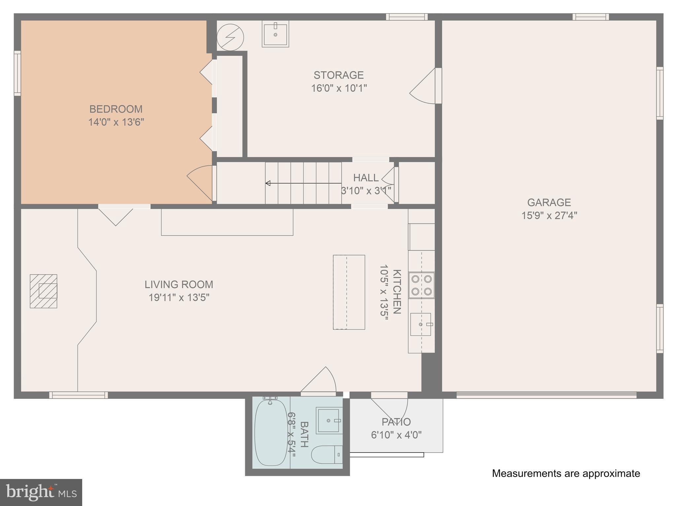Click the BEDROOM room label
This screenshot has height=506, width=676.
pos(116,109)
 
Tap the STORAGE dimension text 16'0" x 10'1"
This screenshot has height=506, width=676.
pos(339,88)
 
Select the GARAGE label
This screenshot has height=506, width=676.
pos(549,202)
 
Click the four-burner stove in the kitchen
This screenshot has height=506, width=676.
pos(422,285)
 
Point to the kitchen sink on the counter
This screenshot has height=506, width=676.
pos(421,324)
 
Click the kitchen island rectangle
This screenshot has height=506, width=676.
pos(349,292)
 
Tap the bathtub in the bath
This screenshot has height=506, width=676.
pos(271,432)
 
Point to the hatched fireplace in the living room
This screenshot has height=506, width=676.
pos(44,291)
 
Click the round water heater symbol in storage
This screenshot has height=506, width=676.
pos(230,38)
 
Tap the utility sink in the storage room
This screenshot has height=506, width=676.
pos(276,34)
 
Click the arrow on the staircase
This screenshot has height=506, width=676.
pos(268,183)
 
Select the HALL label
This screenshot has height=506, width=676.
pos(366,178)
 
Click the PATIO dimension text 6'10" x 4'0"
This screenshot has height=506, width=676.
pos(396,435)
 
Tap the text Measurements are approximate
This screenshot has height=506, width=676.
pos(566,473)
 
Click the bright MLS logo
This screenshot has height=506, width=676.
pos(41,492)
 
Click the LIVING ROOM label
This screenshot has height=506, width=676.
pos(179,284)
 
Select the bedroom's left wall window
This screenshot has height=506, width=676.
pos(17,74)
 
